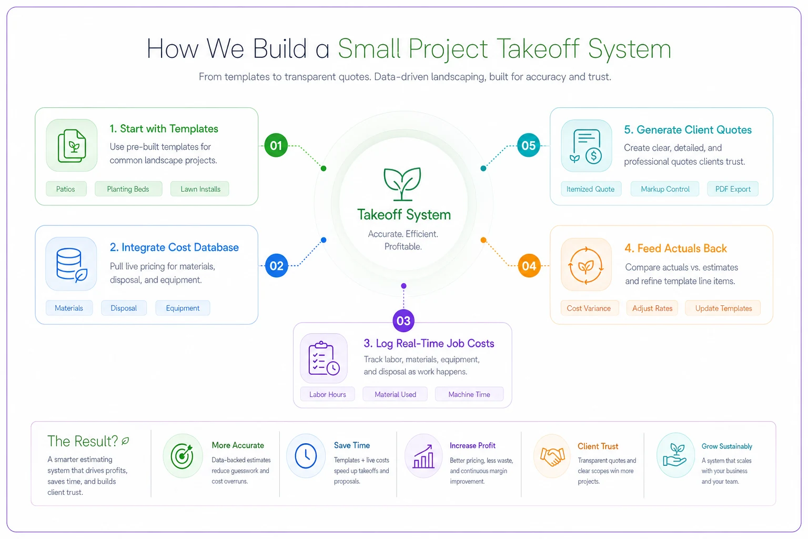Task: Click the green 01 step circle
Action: coord(276,145)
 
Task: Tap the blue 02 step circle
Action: coord(276,266)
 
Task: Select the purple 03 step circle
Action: coord(403,321)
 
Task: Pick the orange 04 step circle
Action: coord(529,266)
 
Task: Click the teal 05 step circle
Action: coord(529,145)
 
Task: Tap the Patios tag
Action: coord(66,189)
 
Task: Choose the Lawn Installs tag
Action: coord(200,189)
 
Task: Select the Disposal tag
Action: coord(124,308)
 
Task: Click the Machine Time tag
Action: coord(469,394)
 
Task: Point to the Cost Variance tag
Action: coord(589,308)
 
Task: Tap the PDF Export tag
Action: coord(733,189)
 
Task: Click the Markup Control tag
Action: coord(664,189)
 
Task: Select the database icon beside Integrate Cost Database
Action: coord(71,264)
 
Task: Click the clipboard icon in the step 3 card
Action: coord(324,358)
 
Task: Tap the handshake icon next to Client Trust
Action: coord(552,456)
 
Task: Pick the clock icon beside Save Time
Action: coord(306,456)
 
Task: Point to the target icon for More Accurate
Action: coord(182,456)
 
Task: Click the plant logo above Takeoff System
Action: coord(402,184)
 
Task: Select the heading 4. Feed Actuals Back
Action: coord(675,248)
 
